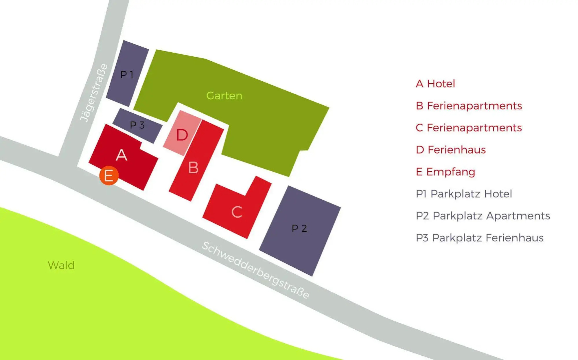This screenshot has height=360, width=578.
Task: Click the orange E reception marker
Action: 109,176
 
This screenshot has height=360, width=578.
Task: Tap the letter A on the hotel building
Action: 122,155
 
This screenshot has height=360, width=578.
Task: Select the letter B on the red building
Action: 193,167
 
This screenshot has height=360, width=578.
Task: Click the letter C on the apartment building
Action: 237,212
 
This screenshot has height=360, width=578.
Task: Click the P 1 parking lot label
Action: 127,74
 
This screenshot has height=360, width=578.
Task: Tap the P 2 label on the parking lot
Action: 299,228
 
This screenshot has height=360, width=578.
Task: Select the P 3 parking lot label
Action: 137,125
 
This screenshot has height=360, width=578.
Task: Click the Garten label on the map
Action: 224,96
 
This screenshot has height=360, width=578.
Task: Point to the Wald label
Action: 61,265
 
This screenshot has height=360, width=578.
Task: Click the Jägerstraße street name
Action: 94,93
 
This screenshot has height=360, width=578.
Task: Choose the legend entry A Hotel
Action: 435,84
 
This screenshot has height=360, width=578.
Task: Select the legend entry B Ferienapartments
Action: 469,106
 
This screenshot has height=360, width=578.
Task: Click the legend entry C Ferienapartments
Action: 469,128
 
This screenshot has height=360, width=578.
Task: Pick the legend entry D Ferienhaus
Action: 451,150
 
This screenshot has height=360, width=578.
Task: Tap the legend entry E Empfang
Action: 445,172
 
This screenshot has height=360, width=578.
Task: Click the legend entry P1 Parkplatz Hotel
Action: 464,194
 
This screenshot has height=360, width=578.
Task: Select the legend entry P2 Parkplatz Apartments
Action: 483,216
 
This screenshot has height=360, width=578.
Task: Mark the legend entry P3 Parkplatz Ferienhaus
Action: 480,238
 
